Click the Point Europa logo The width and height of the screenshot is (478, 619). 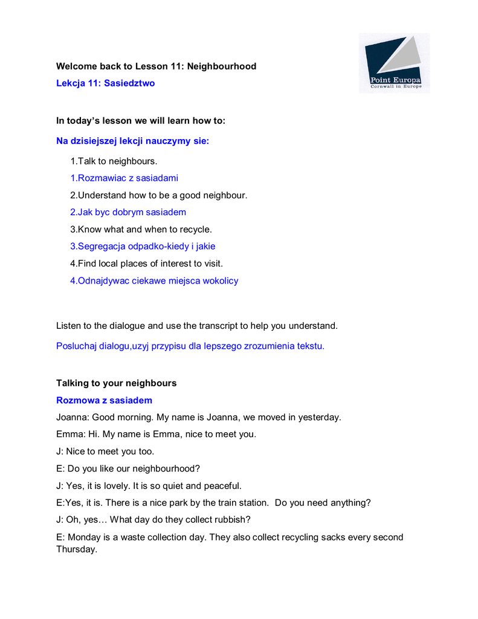tap(394, 63)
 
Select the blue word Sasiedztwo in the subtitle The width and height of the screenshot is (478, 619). tap(129, 83)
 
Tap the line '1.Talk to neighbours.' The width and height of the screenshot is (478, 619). tap(114, 161)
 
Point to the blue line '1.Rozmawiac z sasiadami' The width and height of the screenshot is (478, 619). tap(124, 178)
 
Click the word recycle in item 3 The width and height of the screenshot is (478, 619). tap(195, 230)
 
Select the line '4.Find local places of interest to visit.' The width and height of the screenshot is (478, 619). tap(146, 264)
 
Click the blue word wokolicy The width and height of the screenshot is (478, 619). tap(221, 280)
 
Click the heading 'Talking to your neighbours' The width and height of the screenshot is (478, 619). tap(116, 383)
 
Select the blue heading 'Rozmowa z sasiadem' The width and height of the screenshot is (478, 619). tap(104, 400)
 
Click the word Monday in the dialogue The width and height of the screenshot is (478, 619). tap(85, 537)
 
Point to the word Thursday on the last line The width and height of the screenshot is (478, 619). tap(76, 550)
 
